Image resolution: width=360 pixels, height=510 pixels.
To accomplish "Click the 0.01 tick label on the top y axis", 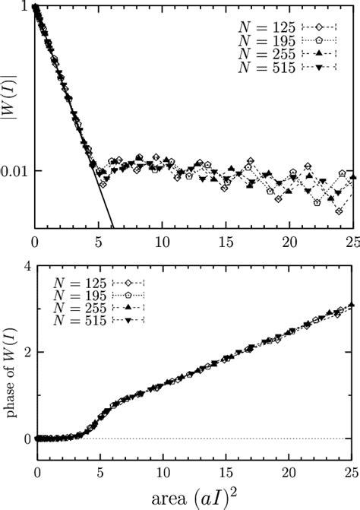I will click(17, 170).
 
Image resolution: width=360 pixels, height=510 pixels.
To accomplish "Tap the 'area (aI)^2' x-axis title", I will click(195, 499).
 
